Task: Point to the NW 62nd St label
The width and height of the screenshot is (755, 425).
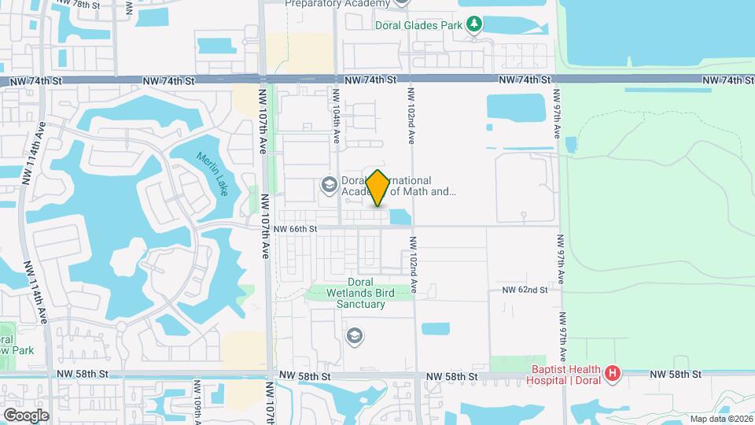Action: tap(525, 290)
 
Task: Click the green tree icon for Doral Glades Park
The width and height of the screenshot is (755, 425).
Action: tap(473, 25)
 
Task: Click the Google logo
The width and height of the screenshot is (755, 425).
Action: tap(25, 415)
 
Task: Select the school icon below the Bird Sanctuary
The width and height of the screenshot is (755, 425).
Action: tap(355, 336)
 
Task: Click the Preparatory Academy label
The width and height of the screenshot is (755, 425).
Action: tap(337, 3)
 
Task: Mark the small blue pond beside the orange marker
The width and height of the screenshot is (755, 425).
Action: tap(400, 216)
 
